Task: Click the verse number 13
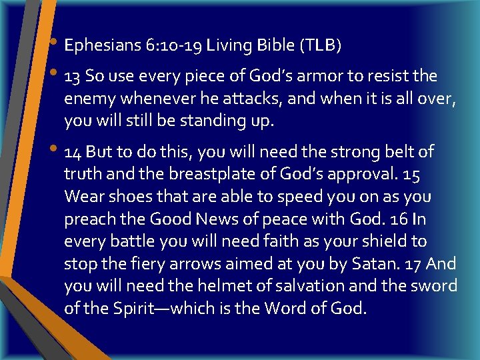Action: [73, 77]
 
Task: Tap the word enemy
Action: [85, 99]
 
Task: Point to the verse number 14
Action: [73, 152]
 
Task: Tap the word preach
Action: [87, 219]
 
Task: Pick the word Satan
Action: [377, 264]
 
